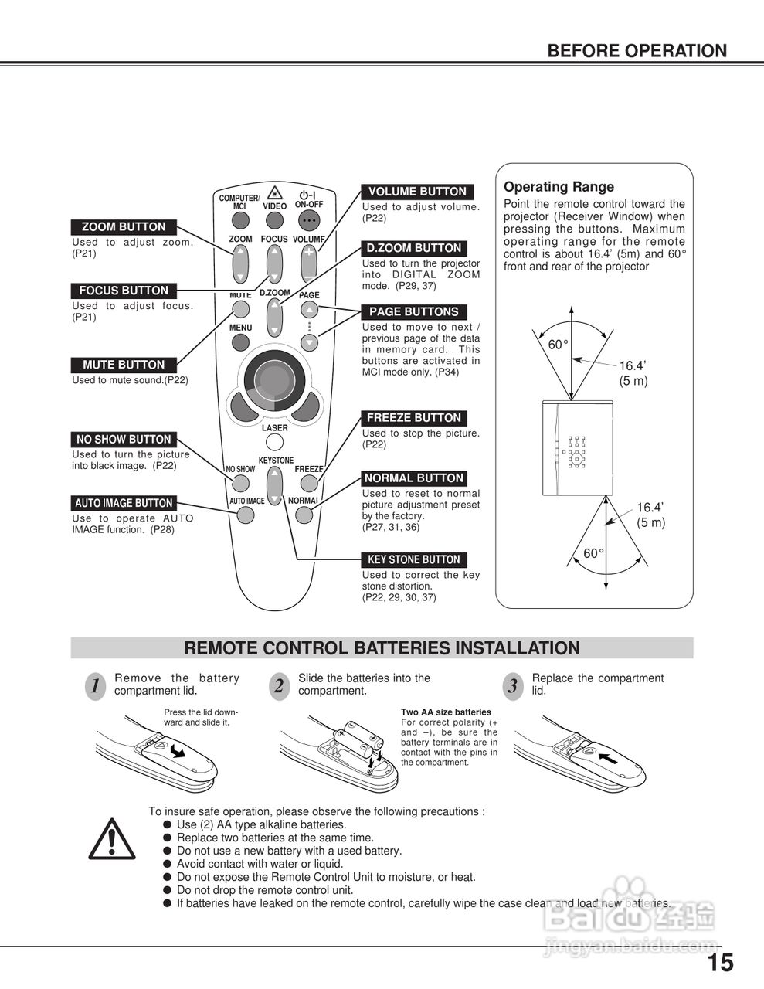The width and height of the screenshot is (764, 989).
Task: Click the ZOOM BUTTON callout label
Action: (x=124, y=227)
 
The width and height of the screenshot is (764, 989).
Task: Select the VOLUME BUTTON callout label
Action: (x=417, y=192)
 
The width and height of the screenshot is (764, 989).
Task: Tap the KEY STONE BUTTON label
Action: (x=414, y=559)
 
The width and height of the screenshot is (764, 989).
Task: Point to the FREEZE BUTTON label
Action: (x=413, y=418)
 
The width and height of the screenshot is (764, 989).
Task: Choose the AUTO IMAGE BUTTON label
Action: (x=124, y=503)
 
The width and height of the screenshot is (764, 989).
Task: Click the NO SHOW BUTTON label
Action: (x=124, y=439)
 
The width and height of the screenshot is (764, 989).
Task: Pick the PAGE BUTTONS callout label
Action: (x=414, y=312)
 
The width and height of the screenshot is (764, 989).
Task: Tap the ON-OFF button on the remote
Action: (x=310, y=220)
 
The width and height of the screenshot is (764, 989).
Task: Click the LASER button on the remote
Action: (x=274, y=443)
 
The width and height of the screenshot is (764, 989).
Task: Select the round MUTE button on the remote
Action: (x=240, y=310)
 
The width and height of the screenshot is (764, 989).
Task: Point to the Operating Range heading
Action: (x=559, y=187)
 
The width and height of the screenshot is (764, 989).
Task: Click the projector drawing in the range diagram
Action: (x=577, y=447)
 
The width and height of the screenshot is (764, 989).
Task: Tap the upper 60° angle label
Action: (x=558, y=345)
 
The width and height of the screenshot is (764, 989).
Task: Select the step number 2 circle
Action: (x=278, y=686)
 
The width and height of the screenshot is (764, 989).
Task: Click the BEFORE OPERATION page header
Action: (x=637, y=51)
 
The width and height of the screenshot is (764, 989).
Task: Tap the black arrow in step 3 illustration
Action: (x=609, y=758)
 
